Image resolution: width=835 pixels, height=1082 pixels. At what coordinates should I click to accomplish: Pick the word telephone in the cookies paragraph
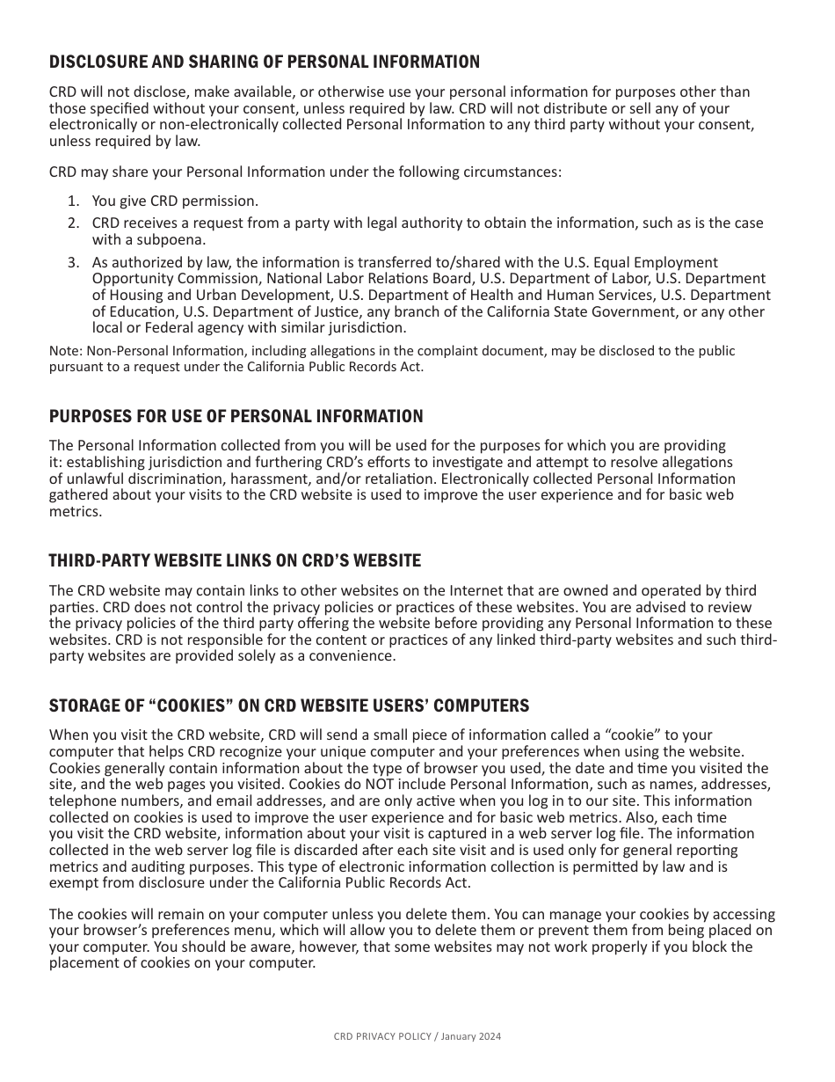81,801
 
